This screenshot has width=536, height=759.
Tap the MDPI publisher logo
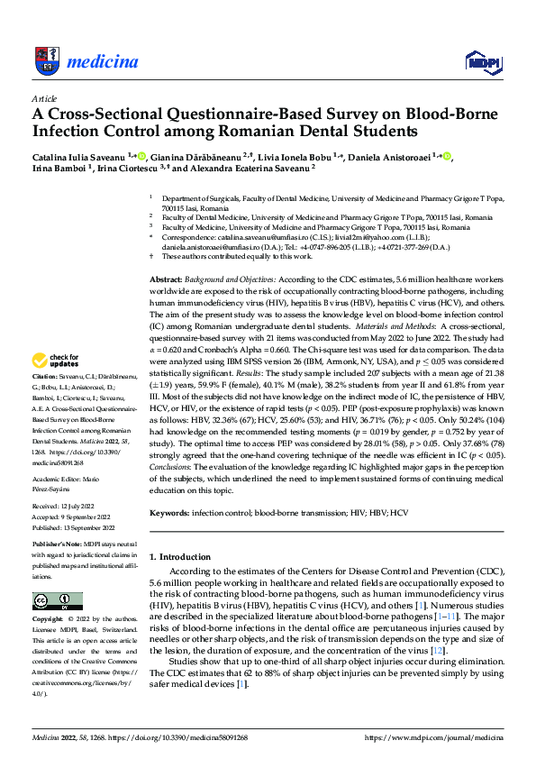[x=480, y=61]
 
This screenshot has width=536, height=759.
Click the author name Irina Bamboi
[x=57, y=168]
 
